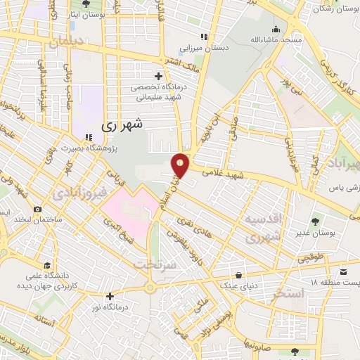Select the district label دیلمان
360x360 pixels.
click(66, 43)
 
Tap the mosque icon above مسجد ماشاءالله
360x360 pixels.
click(276, 29)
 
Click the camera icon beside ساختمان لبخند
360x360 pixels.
click(37, 210)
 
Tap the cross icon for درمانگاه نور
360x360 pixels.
click(110, 296)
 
